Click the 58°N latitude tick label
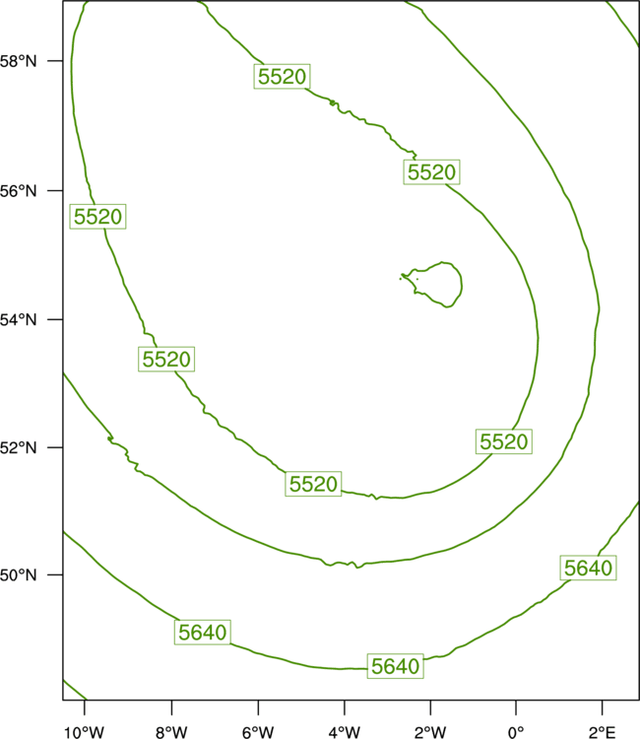pyautogui.click(x=18, y=61)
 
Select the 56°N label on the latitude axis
pyautogui.click(x=18, y=191)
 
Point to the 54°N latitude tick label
pyautogui.click(x=18, y=320)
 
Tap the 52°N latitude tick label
pyautogui.click(x=18, y=447)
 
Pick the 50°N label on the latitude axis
pyautogui.click(x=18, y=575)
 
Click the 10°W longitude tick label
pyautogui.click(x=85, y=732)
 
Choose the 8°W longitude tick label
pyautogui.click(x=171, y=732)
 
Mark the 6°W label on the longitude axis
pyautogui.click(x=258, y=732)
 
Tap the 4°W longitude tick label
pyautogui.click(x=345, y=732)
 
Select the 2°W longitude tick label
pyautogui.click(x=430, y=732)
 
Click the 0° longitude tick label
pyautogui.click(x=516, y=732)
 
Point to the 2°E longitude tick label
pyautogui.click(x=603, y=732)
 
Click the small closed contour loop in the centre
pyautogui.click(x=462, y=285)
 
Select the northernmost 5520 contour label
pyautogui.click(x=282, y=76)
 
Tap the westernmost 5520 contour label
pyautogui.click(x=97, y=217)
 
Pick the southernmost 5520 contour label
pyautogui.click(x=313, y=484)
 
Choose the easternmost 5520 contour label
pyautogui.click(x=504, y=441)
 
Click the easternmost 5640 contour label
pyautogui.click(x=588, y=568)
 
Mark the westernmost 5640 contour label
pyautogui.click(x=203, y=632)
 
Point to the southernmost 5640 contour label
pyautogui.click(x=395, y=666)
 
